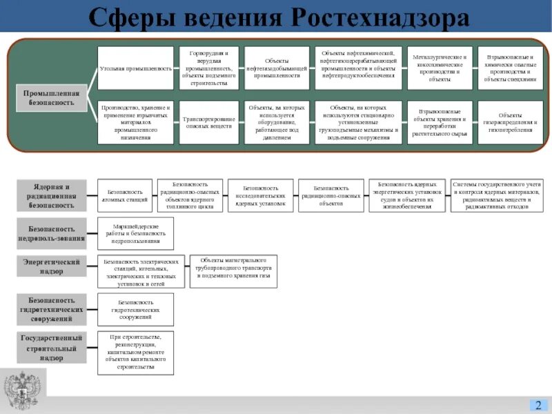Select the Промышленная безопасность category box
(x=52, y=98)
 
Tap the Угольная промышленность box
(x=135, y=68)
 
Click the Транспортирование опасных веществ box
(x=208, y=122)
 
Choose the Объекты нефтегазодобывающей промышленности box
(x=277, y=68)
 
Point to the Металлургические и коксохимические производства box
(x=440, y=68)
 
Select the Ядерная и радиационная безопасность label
(x=52, y=195)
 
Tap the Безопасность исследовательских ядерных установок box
(x=261, y=195)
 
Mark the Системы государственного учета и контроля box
(x=496, y=195)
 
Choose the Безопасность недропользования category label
(x=52, y=233)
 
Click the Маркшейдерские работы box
(x=135, y=233)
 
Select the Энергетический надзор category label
(x=52, y=266)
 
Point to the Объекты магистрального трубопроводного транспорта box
(x=233, y=270)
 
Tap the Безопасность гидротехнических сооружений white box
(x=135, y=308)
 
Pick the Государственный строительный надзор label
(x=52, y=348)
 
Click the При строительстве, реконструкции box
(x=135, y=352)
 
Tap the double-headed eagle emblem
(x=23, y=390)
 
